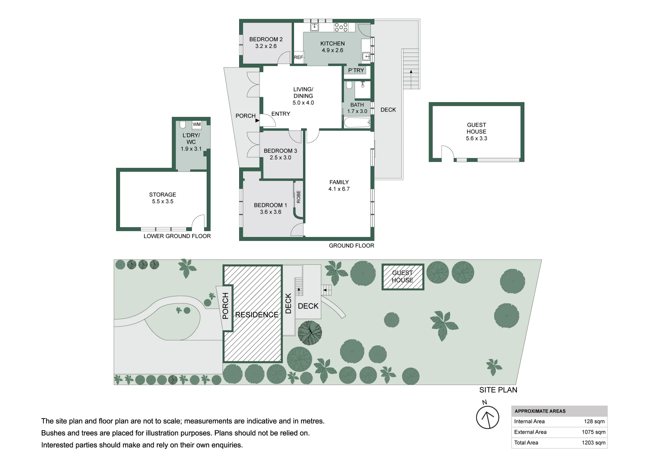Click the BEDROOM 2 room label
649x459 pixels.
266,39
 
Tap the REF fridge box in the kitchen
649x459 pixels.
299,57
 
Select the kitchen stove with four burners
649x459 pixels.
341,27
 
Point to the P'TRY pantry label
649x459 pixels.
356,70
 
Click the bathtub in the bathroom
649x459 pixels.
357,123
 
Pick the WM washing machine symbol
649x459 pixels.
197,125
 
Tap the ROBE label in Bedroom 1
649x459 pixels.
299,197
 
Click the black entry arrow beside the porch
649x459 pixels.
257,120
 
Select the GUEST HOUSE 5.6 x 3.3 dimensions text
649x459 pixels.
476,138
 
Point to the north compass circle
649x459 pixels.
487,417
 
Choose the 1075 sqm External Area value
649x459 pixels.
593,432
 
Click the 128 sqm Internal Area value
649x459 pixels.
594,421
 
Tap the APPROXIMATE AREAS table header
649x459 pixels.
540,411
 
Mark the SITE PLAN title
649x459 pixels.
498,390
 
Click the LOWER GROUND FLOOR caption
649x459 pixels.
177,236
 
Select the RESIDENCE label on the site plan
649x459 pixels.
257,315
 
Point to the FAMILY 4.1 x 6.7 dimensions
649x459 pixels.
339,189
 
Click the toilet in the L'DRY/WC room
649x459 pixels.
183,125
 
